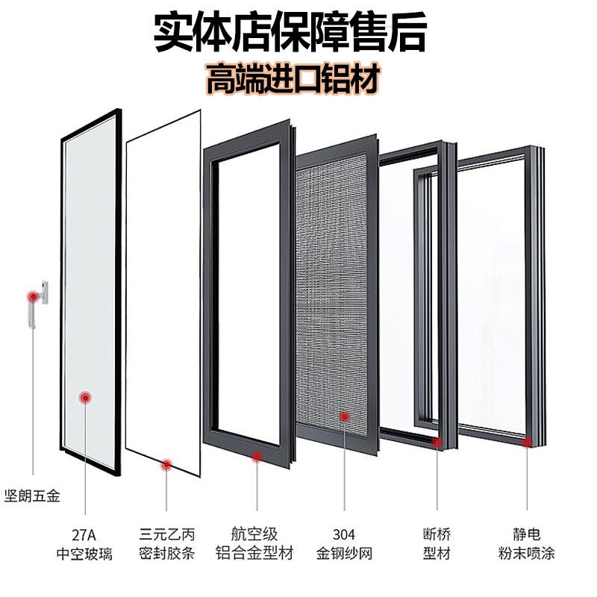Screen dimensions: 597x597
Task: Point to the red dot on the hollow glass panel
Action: coord(87,398)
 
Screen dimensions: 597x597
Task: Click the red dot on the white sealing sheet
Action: coord(166,466)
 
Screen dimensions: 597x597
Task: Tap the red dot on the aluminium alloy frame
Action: coord(257,455)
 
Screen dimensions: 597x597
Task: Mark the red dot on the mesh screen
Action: coord(345,416)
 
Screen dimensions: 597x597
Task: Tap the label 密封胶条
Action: coord(166,554)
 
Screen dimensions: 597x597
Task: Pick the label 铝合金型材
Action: coord(257,554)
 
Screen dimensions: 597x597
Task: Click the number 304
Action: coord(344,534)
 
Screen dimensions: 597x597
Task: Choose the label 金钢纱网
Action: coord(344,554)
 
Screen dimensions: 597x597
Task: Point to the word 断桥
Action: coord(436,534)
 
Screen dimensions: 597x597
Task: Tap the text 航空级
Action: coord(257,534)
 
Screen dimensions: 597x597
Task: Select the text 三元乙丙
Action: coord(166,534)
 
